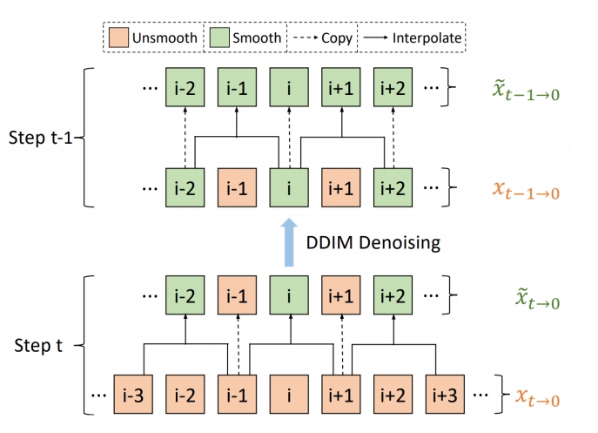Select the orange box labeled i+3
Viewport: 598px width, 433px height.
tap(444, 395)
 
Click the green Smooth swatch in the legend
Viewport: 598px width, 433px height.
tap(218, 37)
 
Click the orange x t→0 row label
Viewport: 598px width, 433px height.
tap(532, 398)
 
